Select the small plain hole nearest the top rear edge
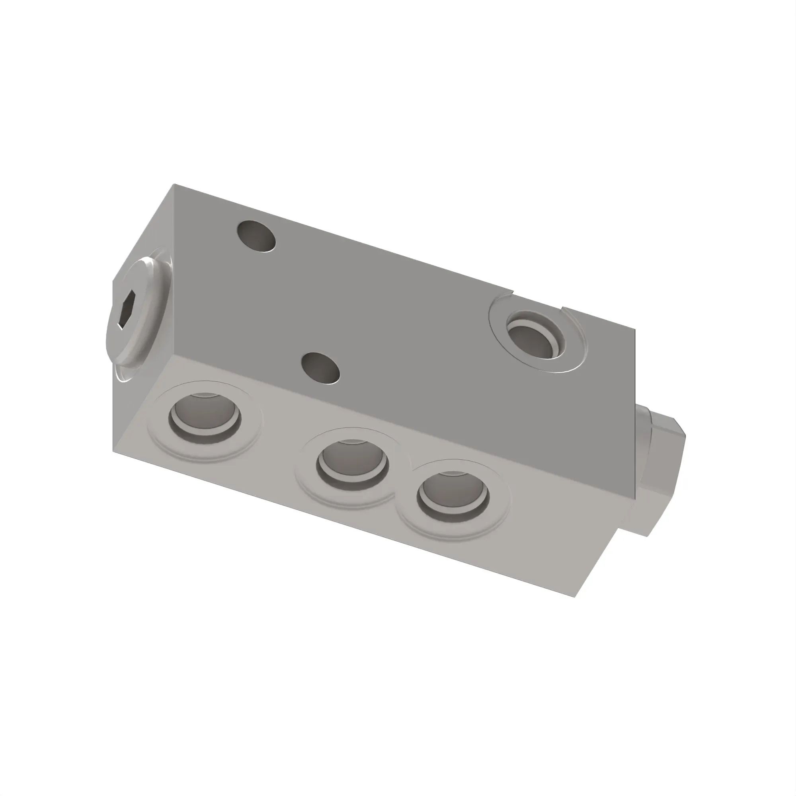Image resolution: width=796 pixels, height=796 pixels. tap(257, 236)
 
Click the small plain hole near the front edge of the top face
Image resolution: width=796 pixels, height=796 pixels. tap(320, 367)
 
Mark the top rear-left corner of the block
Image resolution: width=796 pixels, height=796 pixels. tap(174, 185)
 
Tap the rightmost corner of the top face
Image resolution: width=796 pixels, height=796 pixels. tap(635, 330)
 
